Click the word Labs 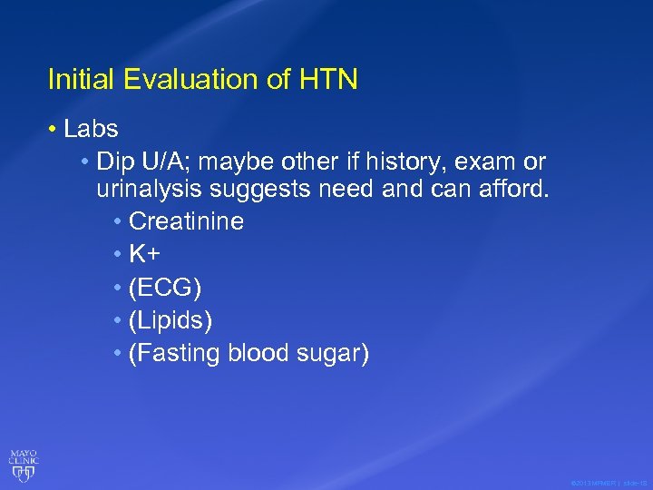coord(91,130)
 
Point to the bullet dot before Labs coord(56,130)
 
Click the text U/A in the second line coord(160,162)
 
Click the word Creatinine coord(187,221)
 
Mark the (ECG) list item coord(165,288)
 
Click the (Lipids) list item coord(171,320)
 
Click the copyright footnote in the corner coord(609,482)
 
